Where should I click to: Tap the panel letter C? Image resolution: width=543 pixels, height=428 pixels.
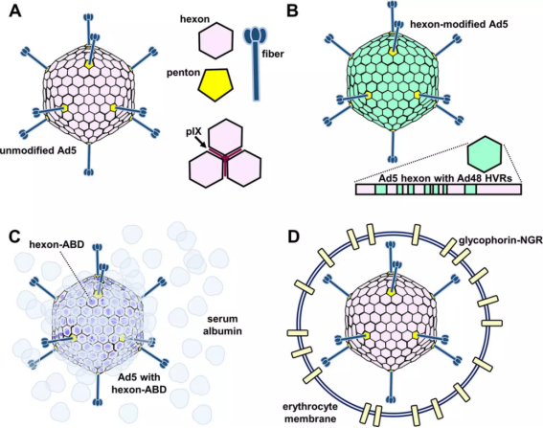tap(16, 237)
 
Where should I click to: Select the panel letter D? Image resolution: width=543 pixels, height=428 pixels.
tap(293, 237)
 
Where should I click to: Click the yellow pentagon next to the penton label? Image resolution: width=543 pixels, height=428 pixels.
tap(215, 84)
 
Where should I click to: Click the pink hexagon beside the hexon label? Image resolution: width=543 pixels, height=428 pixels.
tap(215, 40)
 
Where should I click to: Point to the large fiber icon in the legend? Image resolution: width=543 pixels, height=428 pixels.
tap(256, 63)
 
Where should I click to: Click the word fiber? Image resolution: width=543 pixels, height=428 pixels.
tap(273, 54)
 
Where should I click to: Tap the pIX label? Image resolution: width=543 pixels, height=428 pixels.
tap(193, 131)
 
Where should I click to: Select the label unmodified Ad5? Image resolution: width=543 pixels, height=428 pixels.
tap(38, 150)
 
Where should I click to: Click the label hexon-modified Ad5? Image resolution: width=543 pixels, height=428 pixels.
tap(459, 24)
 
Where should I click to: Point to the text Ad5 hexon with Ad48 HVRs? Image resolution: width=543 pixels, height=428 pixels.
tap(445, 179)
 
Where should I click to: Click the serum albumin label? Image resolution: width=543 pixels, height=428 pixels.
tap(222, 325)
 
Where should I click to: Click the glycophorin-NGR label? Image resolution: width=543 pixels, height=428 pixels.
tap(501, 240)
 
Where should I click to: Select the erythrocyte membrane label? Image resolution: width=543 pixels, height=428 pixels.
tap(310, 412)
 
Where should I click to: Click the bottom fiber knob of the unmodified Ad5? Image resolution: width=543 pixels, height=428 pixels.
tap(89, 171)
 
